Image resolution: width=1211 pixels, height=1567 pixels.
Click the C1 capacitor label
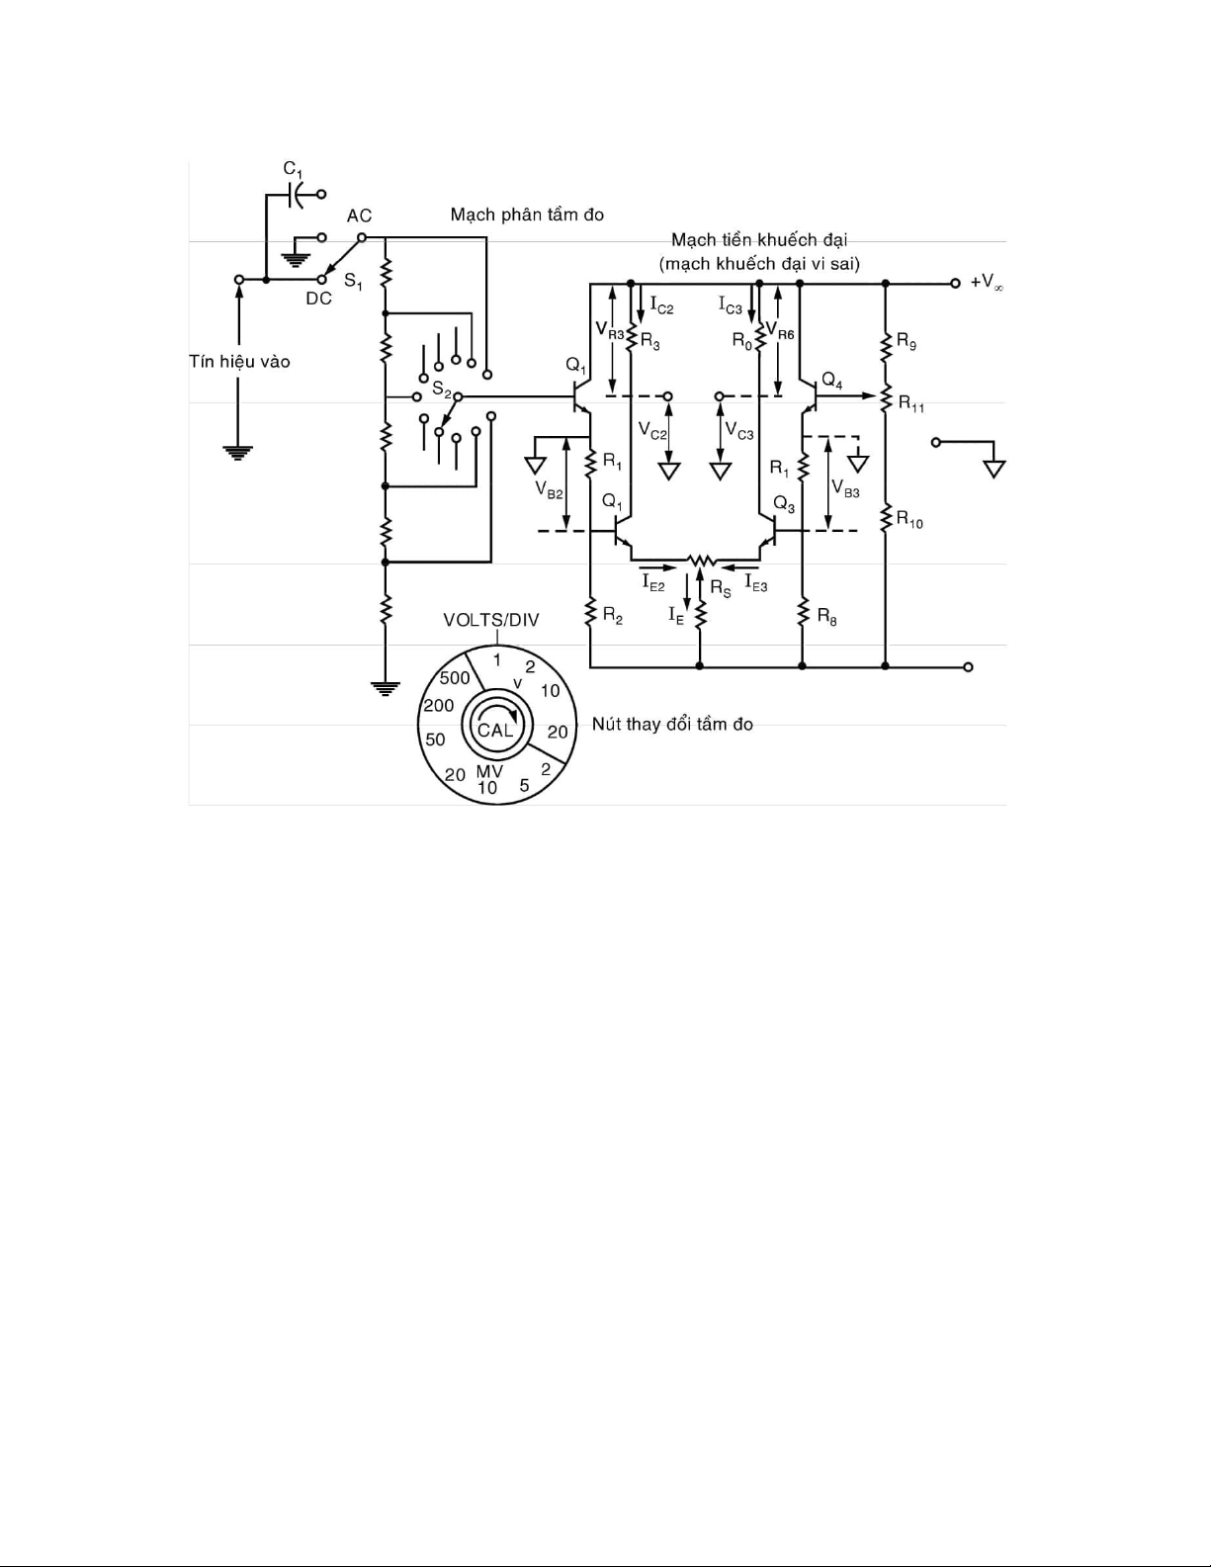tap(293, 170)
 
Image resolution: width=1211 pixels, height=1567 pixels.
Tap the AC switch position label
tap(359, 216)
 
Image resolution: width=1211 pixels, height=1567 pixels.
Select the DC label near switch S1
tap(318, 299)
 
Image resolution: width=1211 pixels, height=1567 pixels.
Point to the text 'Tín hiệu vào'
tap(239, 361)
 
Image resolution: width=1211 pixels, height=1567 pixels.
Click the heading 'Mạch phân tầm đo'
tap(527, 215)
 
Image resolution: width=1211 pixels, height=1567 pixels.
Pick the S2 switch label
tap(442, 391)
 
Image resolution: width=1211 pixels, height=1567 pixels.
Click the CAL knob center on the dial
tap(495, 730)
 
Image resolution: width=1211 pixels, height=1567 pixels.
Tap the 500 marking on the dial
tap(455, 678)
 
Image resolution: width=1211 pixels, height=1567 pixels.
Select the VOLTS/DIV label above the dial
tap(491, 620)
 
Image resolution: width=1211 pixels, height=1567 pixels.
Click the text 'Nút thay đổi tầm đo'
tap(672, 724)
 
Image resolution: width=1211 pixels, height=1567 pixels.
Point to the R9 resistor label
tap(907, 342)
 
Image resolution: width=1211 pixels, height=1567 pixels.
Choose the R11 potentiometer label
tap(911, 403)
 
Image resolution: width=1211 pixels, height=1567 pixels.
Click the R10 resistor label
tap(909, 519)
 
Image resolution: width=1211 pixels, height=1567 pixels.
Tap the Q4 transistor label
tap(831, 380)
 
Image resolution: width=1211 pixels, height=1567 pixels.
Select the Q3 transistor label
tap(784, 504)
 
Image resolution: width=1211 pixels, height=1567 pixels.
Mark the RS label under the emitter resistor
tap(720, 589)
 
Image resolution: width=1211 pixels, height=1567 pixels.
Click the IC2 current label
tap(661, 305)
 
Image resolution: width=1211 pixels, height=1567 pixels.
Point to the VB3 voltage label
tap(845, 488)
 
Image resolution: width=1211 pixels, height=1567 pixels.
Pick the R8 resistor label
tap(826, 617)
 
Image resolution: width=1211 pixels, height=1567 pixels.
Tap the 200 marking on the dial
tap(438, 705)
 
